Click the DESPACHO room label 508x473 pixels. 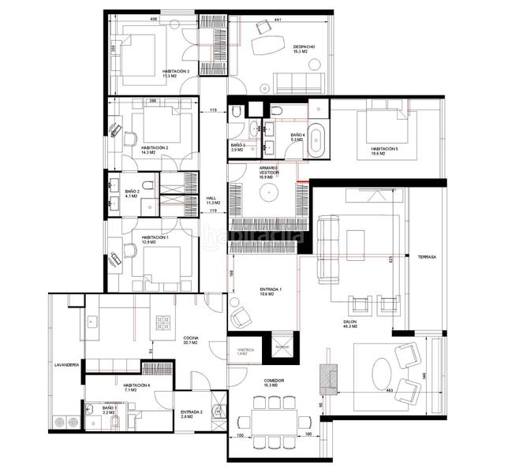[304, 47]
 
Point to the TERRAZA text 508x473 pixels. [428, 257]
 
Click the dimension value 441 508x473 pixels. [278, 19]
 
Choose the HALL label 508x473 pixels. [211, 199]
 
